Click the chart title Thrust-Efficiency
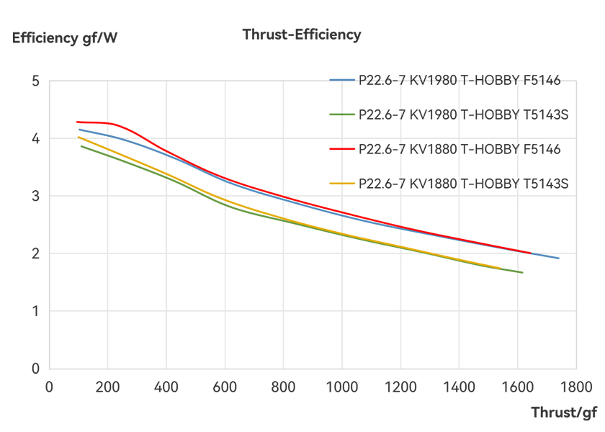[x=302, y=35]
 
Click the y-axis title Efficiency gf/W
[x=64, y=38]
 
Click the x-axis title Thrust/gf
[x=564, y=413]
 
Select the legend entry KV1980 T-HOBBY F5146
[x=460, y=81]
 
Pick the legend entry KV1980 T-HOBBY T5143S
[x=464, y=115]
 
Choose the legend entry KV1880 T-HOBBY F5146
[x=460, y=150]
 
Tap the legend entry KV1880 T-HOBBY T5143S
[x=464, y=184]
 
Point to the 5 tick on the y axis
[x=35, y=81]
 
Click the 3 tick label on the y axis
[x=35, y=196]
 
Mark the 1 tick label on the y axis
[x=35, y=311]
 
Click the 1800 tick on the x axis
[x=576, y=387]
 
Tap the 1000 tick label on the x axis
[x=341, y=387]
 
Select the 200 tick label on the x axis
[x=107, y=387]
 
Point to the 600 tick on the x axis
[x=225, y=387]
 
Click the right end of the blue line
[x=558, y=258]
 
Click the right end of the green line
[x=522, y=272]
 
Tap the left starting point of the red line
[x=76, y=122]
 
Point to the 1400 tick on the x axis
[x=459, y=387]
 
